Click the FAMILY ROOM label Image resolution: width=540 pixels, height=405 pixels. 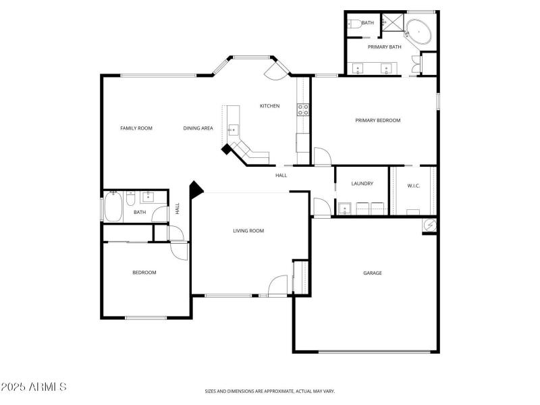tap(136, 128)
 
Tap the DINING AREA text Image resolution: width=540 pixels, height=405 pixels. tap(198, 128)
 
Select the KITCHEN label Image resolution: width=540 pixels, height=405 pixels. tap(270, 106)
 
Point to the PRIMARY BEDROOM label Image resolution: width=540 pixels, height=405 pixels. tap(377, 121)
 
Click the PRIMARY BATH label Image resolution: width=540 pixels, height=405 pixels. tap(384, 47)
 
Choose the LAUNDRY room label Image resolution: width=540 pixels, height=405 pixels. tap(362, 184)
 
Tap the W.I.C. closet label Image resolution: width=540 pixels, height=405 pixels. tap(413, 186)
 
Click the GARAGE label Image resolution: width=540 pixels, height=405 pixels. tap(373, 273)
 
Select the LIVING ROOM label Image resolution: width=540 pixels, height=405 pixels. tap(248, 231)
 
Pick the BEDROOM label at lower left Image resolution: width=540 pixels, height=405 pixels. tap(144, 273)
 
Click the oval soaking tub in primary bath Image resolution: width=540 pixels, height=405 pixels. tap(420, 32)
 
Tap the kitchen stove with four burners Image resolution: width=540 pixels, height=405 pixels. tap(303, 109)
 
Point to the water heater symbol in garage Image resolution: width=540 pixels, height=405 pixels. tap(429, 225)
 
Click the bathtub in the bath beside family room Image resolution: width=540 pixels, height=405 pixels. tap(113, 207)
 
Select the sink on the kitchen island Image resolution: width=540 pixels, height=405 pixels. tap(234, 129)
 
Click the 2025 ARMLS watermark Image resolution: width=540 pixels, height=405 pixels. tap(34, 387)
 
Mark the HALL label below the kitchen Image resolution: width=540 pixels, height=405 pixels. tap(281, 175)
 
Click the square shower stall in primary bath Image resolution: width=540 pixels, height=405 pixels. tap(392, 22)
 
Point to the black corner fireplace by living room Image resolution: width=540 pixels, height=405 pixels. tap(196, 190)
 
